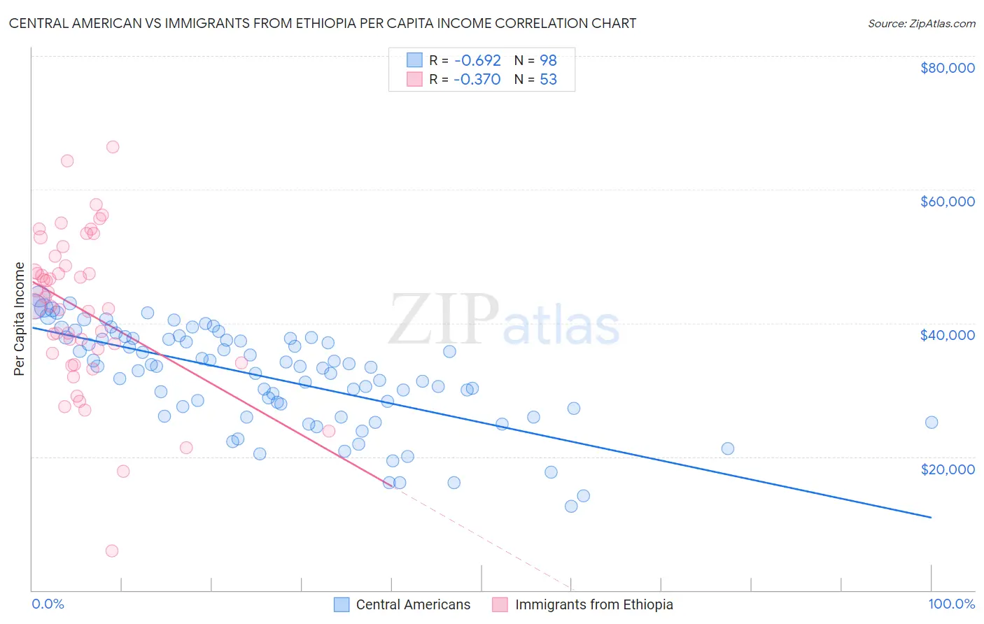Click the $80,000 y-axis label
click(x=948, y=68)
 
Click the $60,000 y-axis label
click(x=948, y=201)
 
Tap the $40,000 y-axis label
click(x=948, y=335)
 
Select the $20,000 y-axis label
click(x=948, y=469)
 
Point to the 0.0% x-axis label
click(x=48, y=604)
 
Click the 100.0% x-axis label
click(x=951, y=604)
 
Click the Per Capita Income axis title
click(x=20, y=319)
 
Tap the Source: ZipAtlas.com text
click(x=921, y=23)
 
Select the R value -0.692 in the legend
click(x=477, y=60)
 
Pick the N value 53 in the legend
click(x=549, y=80)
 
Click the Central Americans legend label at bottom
click(x=413, y=605)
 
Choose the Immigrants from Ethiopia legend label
click(x=594, y=605)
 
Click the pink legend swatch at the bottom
click(x=500, y=605)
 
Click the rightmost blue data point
click(x=932, y=423)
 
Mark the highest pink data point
click(x=113, y=147)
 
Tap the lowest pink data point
click(x=112, y=551)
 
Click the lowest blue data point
click(x=571, y=506)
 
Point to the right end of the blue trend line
click(x=931, y=518)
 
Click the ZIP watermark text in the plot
click(x=444, y=320)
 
